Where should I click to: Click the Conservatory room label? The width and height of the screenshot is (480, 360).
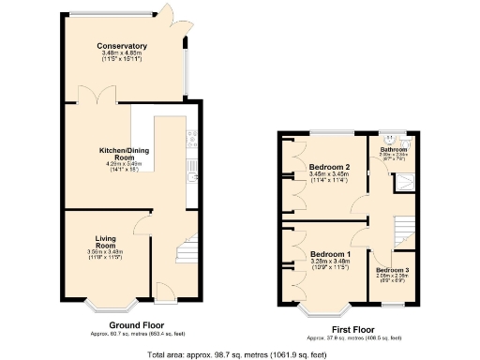(x=122, y=46)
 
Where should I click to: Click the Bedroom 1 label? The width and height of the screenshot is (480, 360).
(x=329, y=255)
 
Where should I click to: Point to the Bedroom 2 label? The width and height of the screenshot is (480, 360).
(x=329, y=168)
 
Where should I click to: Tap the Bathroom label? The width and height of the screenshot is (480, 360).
(x=393, y=150)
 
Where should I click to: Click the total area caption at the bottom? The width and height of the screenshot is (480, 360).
(x=240, y=354)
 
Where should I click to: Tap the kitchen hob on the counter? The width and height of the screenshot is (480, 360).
(x=193, y=142)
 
